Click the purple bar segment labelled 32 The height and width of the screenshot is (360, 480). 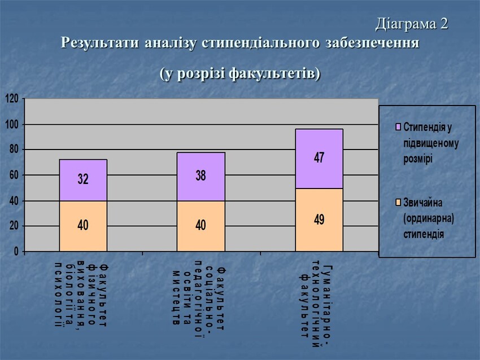(x=83, y=180)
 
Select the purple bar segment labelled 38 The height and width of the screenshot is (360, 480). (x=200, y=177)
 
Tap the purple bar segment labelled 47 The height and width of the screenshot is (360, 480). (x=319, y=159)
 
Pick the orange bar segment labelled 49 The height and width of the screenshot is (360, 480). (x=319, y=219)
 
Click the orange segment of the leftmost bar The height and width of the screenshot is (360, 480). (x=83, y=226)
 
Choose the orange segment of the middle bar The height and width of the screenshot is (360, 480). (x=200, y=226)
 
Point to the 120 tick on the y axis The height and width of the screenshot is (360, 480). (x=12, y=99)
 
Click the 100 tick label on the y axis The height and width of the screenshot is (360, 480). (x=12, y=124)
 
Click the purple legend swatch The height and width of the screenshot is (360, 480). (x=399, y=126)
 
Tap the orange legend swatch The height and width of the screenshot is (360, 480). (x=399, y=202)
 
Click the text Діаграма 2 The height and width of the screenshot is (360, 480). (x=412, y=24)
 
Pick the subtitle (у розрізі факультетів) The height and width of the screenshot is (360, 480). (x=239, y=73)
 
